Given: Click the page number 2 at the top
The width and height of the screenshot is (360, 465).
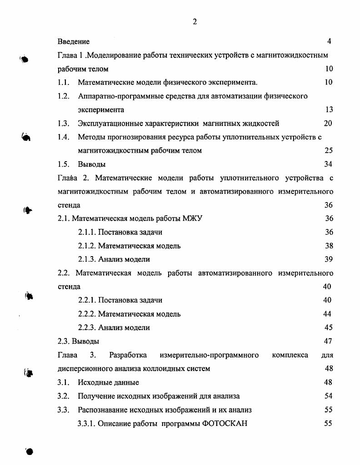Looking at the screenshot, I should click(x=195, y=22).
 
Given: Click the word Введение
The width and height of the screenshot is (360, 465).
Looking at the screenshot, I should click(x=74, y=42).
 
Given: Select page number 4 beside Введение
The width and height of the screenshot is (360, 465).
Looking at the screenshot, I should click(x=329, y=41).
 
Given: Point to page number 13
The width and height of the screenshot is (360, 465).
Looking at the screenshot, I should click(x=329, y=109).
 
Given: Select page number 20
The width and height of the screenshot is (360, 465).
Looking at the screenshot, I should click(x=328, y=123).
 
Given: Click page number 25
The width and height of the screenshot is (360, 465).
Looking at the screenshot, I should click(x=329, y=150).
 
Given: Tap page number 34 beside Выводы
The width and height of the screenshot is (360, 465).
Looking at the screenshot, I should click(x=328, y=164).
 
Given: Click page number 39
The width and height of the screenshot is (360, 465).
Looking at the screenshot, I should click(x=329, y=259).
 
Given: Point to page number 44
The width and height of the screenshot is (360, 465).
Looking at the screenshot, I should click(x=328, y=314).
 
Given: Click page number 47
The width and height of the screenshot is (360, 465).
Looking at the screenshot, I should click(x=328, y=341).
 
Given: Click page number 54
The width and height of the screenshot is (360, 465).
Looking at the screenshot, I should click(x=328, y=396).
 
